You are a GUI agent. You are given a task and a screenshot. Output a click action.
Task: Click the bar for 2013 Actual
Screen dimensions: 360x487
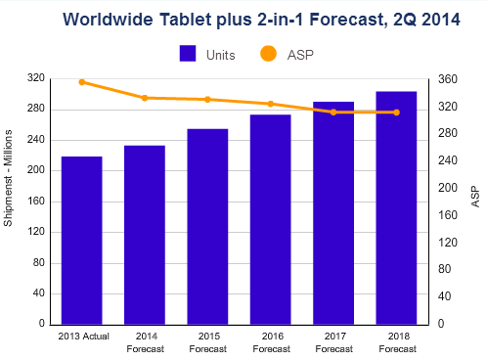pos(81,240)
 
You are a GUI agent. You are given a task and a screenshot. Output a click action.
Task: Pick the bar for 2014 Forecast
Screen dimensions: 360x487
pos(144,235)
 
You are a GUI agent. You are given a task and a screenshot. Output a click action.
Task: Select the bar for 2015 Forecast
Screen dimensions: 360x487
pos(207,226)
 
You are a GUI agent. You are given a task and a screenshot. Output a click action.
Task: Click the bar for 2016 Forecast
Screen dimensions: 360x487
pos(270,219)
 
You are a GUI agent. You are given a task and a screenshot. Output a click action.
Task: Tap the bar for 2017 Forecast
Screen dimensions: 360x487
pos(332,212)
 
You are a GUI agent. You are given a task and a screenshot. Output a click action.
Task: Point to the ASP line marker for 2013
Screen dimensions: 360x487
pos(81,82)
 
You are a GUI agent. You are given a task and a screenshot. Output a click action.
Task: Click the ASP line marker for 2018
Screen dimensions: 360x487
pos(396,112)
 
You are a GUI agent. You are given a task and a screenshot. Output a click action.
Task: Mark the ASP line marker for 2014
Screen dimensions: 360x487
pos(144,98)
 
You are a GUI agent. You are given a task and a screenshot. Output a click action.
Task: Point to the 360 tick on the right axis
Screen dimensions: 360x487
pos(446,78)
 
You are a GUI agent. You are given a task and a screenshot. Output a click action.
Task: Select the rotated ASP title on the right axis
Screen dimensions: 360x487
pos(475,201)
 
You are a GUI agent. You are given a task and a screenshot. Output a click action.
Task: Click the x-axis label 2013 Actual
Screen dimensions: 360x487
pos(81,337)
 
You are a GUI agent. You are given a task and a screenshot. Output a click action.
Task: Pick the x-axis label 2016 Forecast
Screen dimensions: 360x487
pos(270,342)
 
